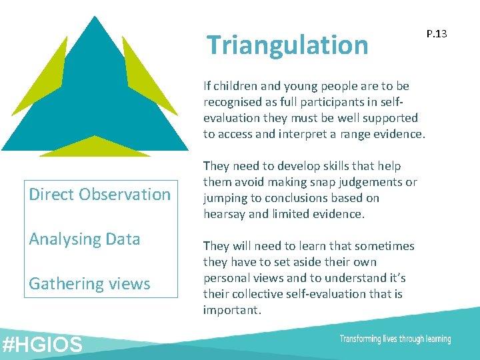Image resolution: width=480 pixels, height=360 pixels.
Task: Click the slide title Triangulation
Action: (287, 45)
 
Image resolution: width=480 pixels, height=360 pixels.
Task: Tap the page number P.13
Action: (436, 33)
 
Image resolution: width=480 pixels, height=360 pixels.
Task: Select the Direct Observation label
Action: (100, 195)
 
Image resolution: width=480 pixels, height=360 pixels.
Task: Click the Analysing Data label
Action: (85, 239)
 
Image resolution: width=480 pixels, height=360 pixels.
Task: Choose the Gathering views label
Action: (89, 284)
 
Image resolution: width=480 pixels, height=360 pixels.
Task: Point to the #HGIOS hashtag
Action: (43, 345)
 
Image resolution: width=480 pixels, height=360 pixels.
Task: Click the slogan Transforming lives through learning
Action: (395, 339)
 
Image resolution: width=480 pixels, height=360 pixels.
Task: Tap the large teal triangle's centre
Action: (95, 100)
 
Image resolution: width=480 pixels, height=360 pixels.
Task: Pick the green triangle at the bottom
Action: (95, 147)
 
